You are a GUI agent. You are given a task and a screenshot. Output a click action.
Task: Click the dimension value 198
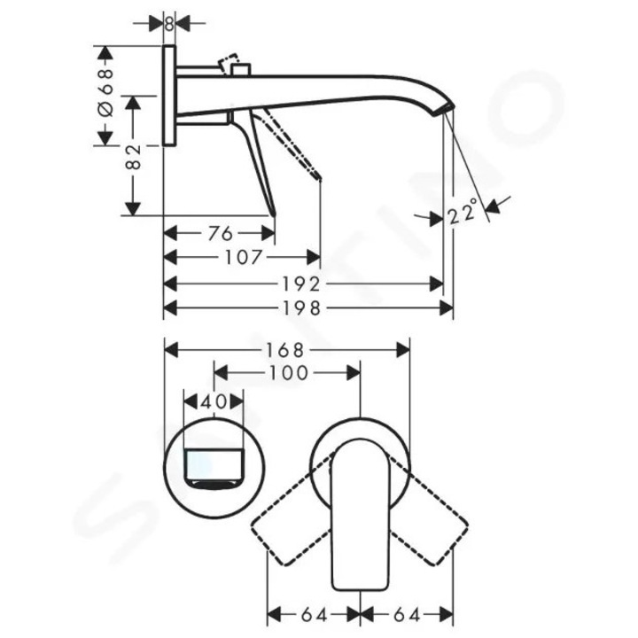point(301,308)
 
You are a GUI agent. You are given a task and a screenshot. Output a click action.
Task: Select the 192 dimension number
point(301,284)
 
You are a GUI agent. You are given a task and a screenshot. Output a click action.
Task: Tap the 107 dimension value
point(244,257)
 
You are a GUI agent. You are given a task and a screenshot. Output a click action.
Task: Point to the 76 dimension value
point(220,234)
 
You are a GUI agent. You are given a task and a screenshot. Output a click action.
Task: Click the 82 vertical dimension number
point(134,157)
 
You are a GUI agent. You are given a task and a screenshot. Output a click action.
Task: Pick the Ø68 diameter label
point(105,93)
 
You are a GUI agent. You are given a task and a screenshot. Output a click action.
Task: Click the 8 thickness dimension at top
point(169,24)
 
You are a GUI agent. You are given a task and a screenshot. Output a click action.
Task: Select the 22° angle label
point(463,212)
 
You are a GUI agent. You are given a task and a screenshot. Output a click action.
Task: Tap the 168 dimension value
point(284,350)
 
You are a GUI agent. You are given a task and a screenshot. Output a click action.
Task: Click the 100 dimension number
point(288,373)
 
